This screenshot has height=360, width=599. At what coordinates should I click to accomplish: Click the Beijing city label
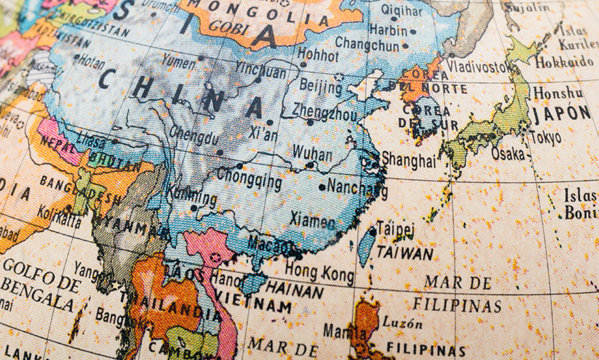[x=321, y=87]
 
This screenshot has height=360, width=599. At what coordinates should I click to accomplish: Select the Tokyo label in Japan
[x=546, y=138]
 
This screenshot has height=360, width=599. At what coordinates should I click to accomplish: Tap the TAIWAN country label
[x=405, y=253]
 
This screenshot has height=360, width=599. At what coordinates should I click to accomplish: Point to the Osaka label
[x=508, y=154]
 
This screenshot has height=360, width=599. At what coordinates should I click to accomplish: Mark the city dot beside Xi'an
[x=270, y=122]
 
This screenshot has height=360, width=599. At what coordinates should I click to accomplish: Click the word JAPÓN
[x=562, y=113]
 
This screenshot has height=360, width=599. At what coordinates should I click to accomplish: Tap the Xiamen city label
[x=312, y=220]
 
